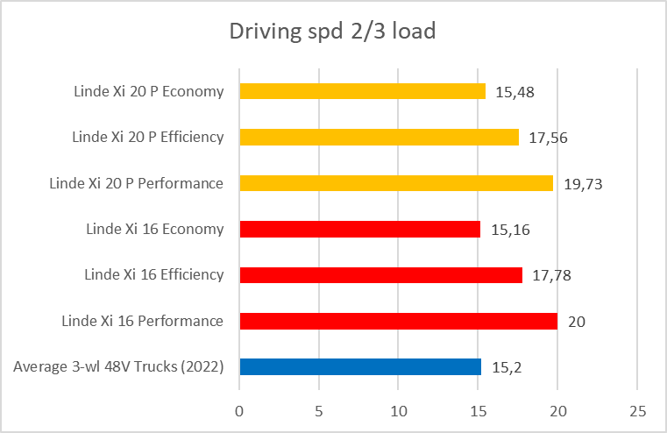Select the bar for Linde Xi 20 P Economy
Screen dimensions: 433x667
362,91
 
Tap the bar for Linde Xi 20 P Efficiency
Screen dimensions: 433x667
379,137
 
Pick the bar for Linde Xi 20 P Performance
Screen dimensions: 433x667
396,183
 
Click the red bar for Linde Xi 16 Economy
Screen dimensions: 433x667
359,230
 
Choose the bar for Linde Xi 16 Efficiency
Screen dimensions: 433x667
380,275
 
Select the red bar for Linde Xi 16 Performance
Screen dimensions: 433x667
398,321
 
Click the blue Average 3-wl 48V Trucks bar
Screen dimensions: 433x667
360,366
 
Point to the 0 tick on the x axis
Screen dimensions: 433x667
239,410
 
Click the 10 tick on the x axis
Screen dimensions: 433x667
398,410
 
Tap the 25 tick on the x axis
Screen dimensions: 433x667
637,410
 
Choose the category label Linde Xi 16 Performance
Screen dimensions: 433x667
142,321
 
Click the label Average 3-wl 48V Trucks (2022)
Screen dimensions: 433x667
118,366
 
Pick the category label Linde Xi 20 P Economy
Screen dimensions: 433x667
148,91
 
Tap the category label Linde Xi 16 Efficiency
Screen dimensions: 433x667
153,275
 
